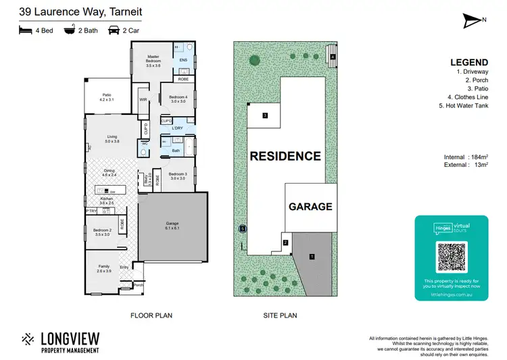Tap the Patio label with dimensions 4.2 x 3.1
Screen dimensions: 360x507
(107, 98)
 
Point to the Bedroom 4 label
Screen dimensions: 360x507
(177, 99)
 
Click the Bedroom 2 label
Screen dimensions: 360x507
(101, 232)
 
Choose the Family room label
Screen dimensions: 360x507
(104, 269)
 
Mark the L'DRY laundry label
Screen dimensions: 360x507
(178, 128)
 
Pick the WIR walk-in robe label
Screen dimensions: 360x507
(143, 100)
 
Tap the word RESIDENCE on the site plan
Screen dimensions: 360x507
(285, 156)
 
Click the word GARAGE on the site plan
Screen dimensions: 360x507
(311, 207)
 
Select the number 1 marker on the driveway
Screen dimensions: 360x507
(312, 257)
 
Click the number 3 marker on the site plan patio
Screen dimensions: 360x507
(266, 115)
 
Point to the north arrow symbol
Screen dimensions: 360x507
(472, 21)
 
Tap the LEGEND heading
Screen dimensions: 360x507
(467, 63)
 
